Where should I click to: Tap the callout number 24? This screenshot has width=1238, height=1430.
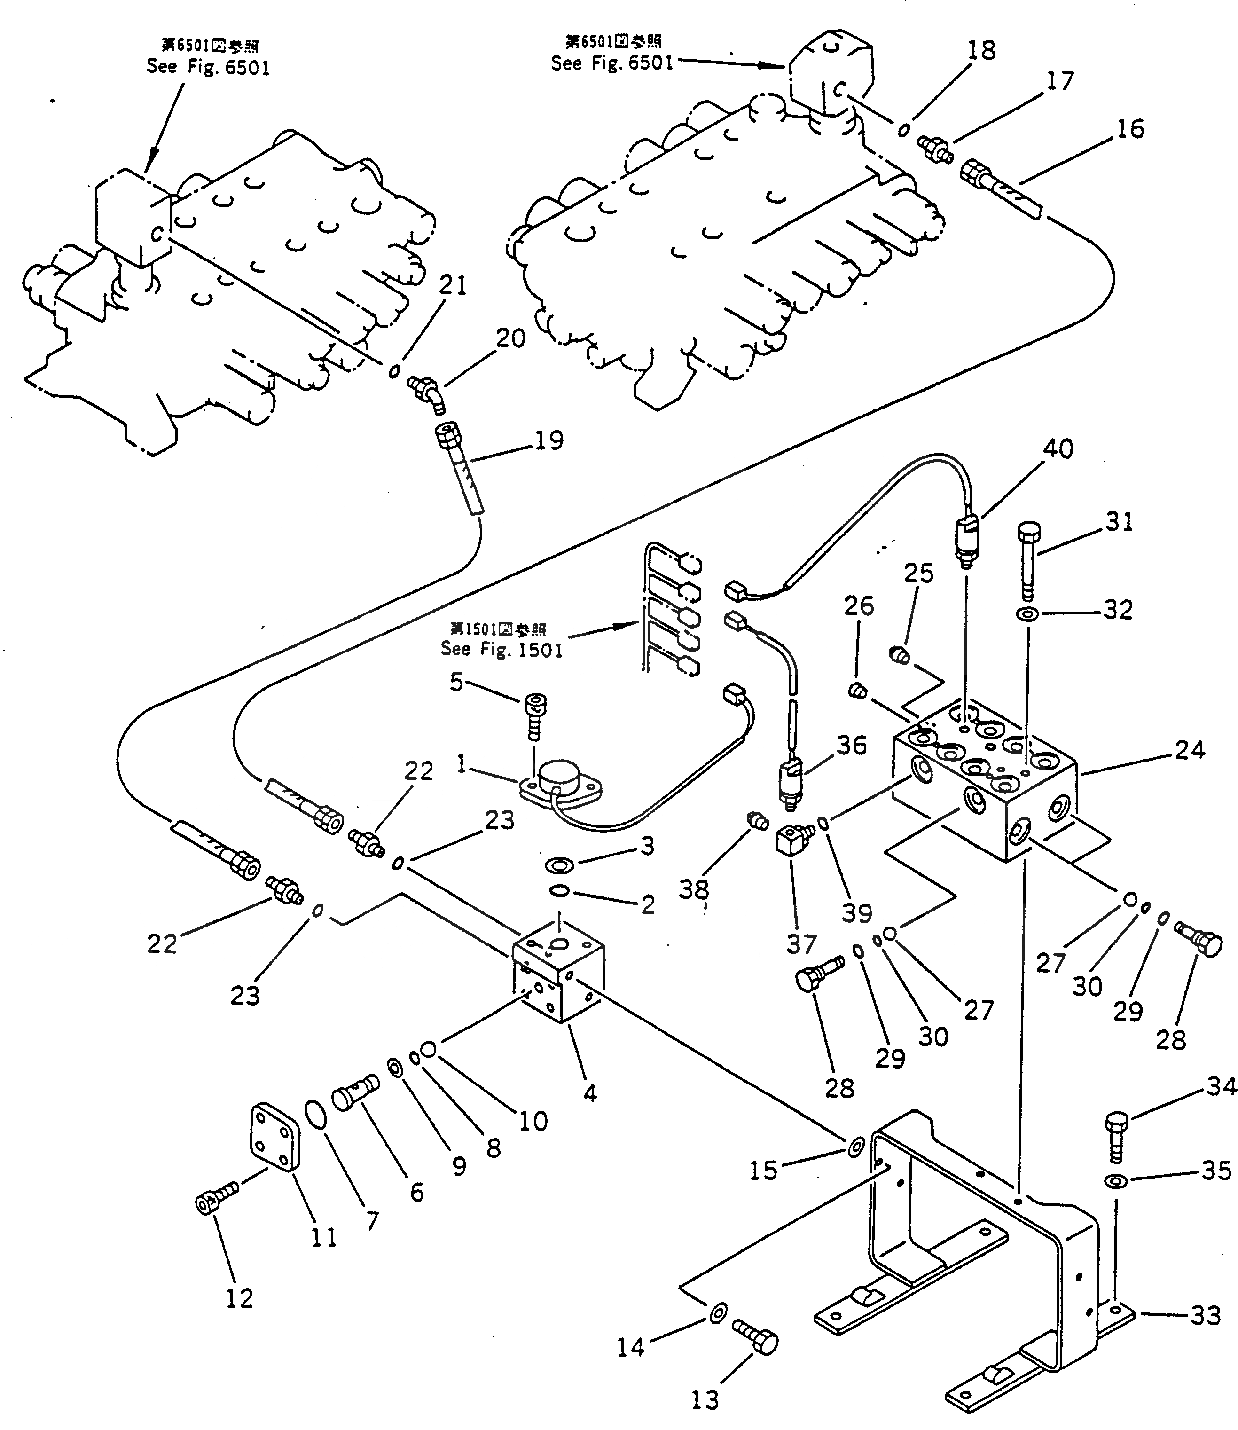(x=1190, y=749)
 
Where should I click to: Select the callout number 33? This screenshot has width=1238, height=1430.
(x=1206, y=1316)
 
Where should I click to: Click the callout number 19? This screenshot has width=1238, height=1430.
(x=549, y=440)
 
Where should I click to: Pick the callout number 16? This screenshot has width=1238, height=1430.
(x=1130, y=128)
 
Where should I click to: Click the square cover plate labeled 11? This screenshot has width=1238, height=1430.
(x=275, y=1138)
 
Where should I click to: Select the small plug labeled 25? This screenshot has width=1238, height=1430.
(x=898, y=653)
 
